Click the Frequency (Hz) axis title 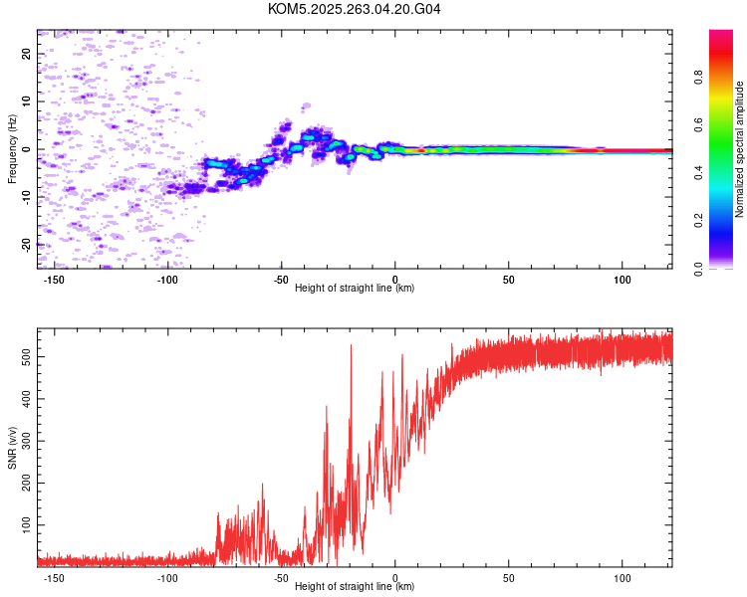tap(12, 149)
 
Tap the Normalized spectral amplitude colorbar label tap(740, 149)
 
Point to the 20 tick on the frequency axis tap(27, 55)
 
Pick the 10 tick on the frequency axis tap(27, 101)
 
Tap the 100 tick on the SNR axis tap(22, 523)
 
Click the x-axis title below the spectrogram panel tap(355, 289)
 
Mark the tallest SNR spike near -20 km tap(351, 346)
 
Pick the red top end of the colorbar tap(721, 36)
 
